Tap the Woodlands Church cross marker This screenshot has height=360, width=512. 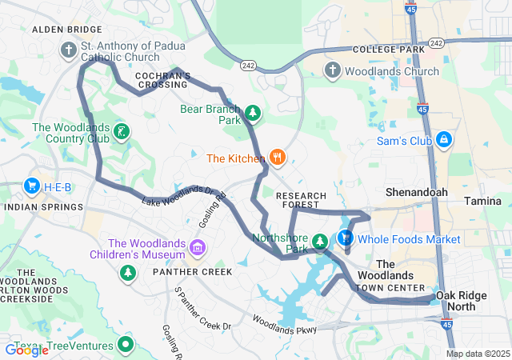point(333,71)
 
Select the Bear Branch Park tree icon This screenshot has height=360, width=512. point(253,113)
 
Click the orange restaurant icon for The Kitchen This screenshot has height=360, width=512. point(277,157)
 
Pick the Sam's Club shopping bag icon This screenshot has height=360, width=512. point(444,142)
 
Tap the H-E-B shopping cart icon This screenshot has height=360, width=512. point(33,186)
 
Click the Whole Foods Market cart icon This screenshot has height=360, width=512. point(346,238)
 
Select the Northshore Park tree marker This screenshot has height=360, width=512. point(320,241)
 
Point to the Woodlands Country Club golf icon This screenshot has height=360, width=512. point(122,131)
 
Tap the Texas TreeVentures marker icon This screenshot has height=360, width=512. point(126,345)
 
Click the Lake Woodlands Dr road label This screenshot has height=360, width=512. point(178,194)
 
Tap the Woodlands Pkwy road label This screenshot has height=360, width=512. point(285,324)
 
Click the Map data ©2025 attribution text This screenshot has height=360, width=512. point(477,354)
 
